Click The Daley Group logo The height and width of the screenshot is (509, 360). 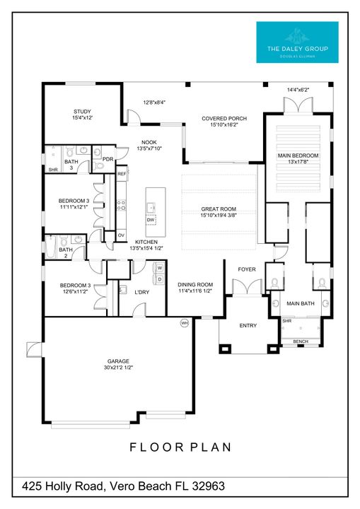coord(296,42)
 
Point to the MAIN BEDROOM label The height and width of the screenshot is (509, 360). coord(298,156)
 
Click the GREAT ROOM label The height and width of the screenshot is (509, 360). coord(219,209)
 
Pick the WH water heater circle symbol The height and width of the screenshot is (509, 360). coord(185,323)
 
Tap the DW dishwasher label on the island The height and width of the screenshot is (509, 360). coord(151,220)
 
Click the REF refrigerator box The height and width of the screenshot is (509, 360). coord(122,173)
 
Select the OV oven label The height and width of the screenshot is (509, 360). coord(121,235)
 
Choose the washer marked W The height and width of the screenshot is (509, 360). coord(159,268)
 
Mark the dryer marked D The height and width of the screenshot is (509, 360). coord(159,280)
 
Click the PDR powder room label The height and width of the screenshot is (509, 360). coord(108,159)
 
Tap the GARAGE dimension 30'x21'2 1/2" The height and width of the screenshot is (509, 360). coord(118,368)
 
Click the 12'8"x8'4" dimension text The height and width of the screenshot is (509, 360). coord(154,103)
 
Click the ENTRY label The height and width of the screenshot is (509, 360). coord(248,325)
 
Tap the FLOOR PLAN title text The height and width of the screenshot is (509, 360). coord(180,447)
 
